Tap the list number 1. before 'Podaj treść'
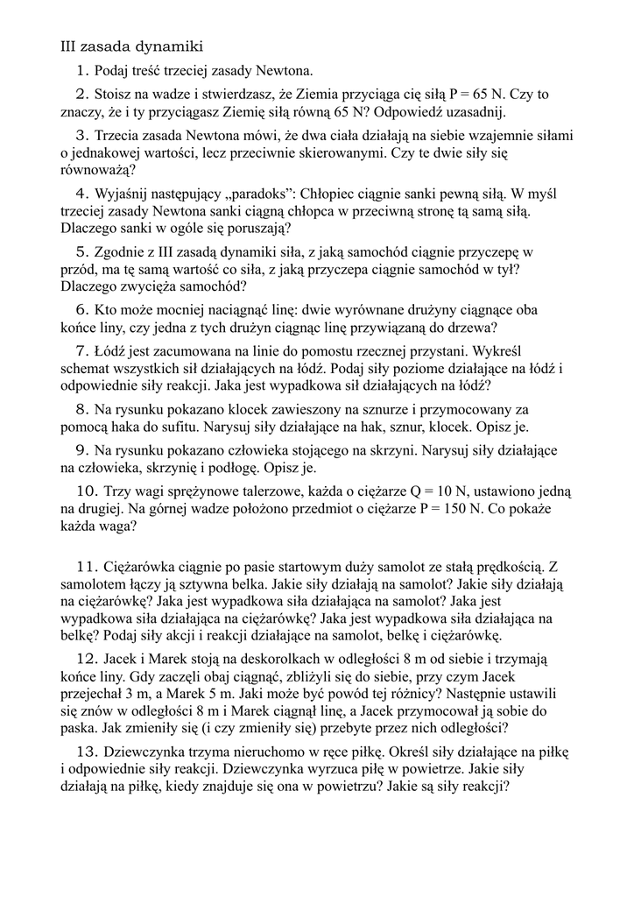pos(83,70)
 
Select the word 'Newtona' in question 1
pos(286,70)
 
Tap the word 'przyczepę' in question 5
pos(491,251)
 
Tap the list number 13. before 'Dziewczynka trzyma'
pos(86,751)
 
